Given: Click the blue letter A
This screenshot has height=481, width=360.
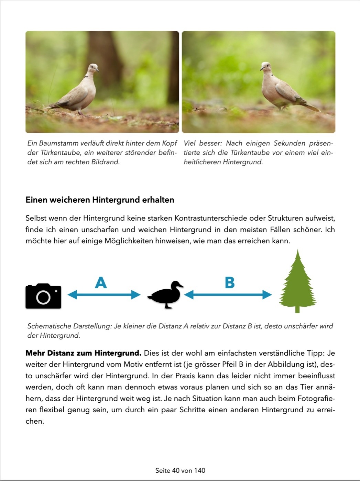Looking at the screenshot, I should [x=101, y=283].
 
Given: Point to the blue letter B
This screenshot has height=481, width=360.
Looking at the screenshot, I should [x=230, y=283].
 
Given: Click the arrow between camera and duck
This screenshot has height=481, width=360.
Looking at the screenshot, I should [x=104, y=294].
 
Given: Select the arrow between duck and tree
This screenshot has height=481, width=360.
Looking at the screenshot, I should [x=228, y=294].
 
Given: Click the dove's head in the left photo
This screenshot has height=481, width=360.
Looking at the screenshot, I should [x=93, y=68].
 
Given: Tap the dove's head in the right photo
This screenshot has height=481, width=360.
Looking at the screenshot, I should [x=265, y=66].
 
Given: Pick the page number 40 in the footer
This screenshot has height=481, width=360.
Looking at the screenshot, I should [x=175, y=470].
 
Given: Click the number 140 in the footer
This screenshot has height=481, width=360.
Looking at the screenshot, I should [x=199, y=470].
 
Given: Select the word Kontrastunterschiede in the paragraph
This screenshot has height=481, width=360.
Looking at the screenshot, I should [x=211, y=218].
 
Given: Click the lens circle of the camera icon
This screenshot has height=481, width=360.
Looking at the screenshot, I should [x=43, y=298].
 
